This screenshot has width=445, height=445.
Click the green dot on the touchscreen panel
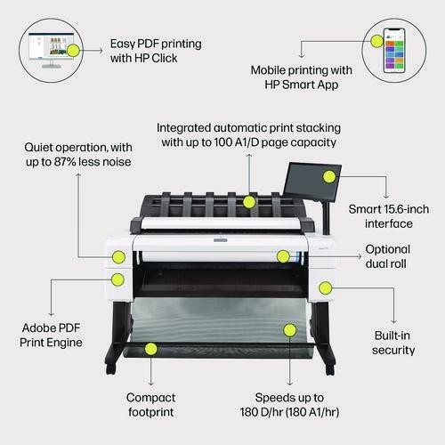329,176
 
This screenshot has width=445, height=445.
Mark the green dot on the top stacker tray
249,202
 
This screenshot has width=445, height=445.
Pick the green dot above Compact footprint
150,350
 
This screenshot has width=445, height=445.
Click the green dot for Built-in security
326,287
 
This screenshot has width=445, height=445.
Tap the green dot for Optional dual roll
283,256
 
